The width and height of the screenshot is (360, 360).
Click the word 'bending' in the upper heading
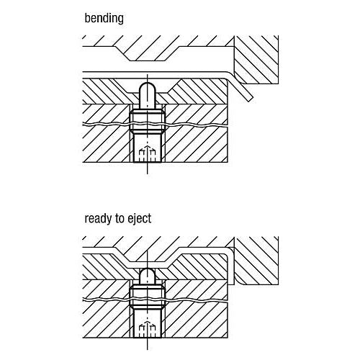coord(104,19)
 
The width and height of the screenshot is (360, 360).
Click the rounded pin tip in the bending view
coord(148,88)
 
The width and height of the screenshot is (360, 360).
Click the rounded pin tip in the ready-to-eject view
coord(148,274)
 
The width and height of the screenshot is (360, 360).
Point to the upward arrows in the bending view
coord(148,153)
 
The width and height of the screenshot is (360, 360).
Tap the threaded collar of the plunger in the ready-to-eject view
coord(148,297)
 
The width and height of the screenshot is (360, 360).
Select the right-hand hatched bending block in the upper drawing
coord(256,60)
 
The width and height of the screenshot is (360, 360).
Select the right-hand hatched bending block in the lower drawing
coord(256,261)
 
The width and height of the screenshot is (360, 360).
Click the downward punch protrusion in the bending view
coord(148,53)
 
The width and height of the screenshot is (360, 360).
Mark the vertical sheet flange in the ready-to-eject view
coord(230,266)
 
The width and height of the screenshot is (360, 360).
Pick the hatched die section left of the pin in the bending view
coord(108,91)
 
